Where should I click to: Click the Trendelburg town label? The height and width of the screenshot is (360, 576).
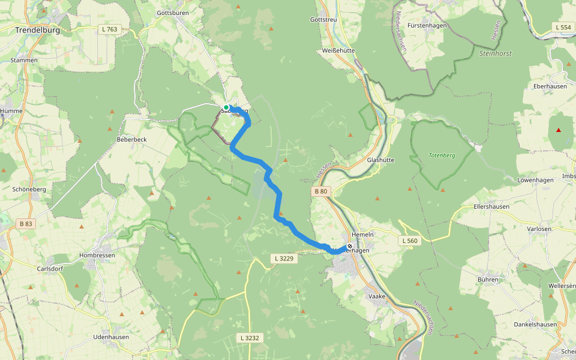[x=37, y=29]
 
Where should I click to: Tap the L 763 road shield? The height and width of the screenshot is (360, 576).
[x=110, y=29]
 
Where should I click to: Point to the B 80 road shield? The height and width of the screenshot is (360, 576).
[x=321, y=191]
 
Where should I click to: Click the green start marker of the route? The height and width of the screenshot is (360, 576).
[x=226, y=107]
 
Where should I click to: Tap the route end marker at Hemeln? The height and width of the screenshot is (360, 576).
[x=350, y=246]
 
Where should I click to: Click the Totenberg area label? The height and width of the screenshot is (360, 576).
[x=442, y=155]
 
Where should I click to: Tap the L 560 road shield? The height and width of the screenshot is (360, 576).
[x=409, y=241]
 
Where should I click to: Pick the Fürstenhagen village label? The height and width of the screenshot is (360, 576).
[x=427, y=26]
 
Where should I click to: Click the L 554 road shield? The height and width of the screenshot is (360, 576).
[x=563, y=27]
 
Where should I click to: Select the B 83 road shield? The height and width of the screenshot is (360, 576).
[x=26, y=224]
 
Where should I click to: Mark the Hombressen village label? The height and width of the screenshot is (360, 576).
[x=97, y=255]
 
